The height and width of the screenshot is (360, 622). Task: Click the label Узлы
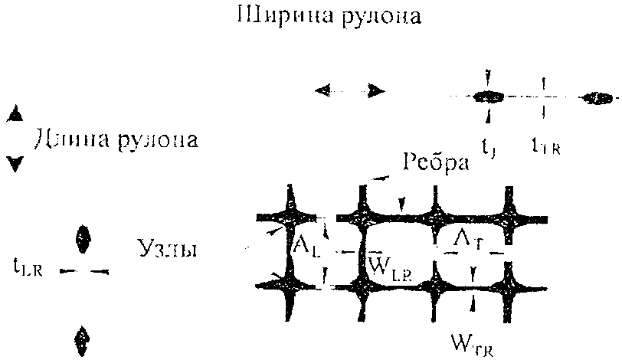pos(168,249)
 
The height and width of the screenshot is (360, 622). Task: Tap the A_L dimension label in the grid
pos(306,246)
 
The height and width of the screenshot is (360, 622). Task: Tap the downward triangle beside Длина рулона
pos(14,163)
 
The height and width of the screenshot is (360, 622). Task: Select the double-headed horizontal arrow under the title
pos(349,90)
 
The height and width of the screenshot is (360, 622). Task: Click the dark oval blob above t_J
pos(487,97)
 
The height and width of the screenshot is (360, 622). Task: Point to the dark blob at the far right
pos(596,98)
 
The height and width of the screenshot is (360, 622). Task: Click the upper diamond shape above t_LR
pos(80,238)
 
